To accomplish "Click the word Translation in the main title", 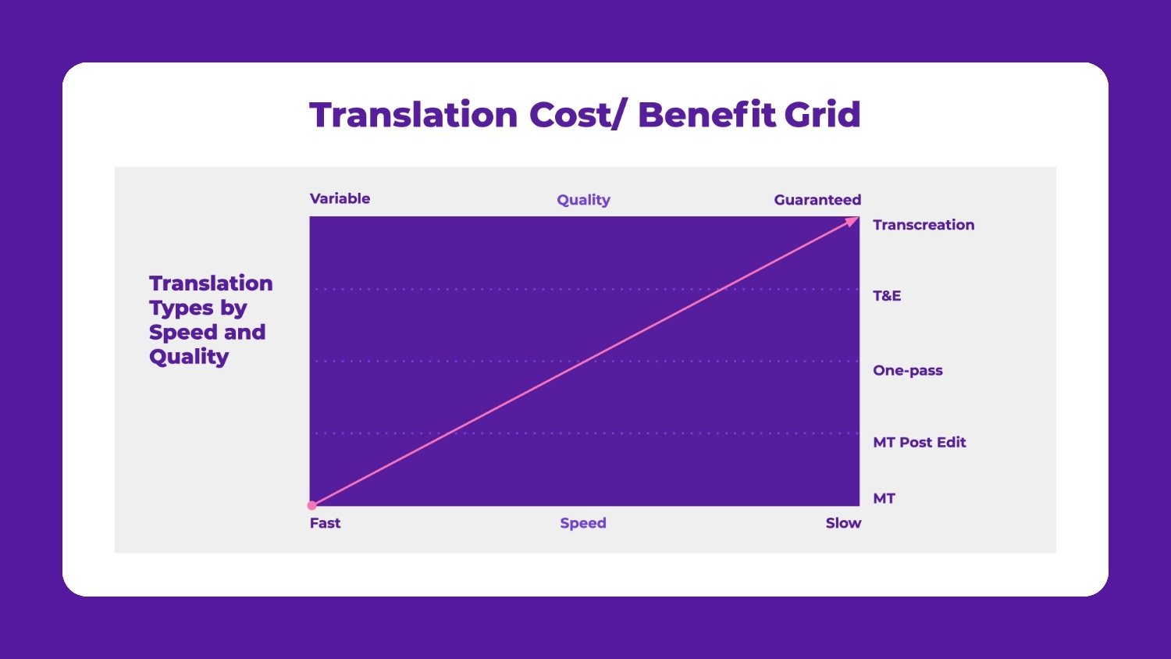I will coord(414,115).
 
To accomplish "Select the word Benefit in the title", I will coord(707,115).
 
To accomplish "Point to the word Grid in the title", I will coord(822,115).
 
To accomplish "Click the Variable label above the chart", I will coord(340,198).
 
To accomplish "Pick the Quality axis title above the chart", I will coord(583,200).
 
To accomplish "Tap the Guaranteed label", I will coord(817,200).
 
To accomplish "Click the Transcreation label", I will coord(924,225).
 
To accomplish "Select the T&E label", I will coord(887,296).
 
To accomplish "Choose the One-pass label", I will coord(908,370).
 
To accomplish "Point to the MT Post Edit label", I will coord(920,442).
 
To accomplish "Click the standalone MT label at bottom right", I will coord(884,498).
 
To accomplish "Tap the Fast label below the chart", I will coord(325,523).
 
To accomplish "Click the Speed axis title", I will coord(583,523).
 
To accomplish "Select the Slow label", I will coord(843,523).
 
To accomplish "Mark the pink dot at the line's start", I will coord(312,505).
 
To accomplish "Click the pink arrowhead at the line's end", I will coord(852,222).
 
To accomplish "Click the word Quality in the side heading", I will coord(189,357).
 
